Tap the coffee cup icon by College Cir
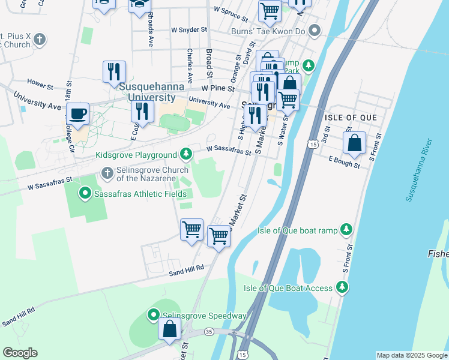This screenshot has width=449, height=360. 77,113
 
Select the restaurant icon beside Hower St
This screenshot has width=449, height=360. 113,73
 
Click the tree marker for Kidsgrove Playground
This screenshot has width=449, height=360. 187,155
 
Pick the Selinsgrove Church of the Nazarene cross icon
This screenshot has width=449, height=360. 107,173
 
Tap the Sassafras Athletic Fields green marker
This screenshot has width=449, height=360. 85,193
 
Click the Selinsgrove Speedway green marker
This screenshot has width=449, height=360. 154,315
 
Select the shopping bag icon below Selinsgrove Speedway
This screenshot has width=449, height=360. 170,329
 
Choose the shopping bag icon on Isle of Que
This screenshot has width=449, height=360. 354,143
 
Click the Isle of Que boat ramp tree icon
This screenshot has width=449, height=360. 346,229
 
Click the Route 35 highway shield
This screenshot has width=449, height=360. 208,331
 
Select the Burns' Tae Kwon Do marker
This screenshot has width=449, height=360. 315,31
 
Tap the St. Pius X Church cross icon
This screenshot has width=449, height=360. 39,40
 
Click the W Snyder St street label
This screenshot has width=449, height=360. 188,29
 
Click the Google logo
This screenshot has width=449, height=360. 20,353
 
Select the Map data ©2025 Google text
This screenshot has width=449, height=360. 411,355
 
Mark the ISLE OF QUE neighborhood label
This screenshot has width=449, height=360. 351,117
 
